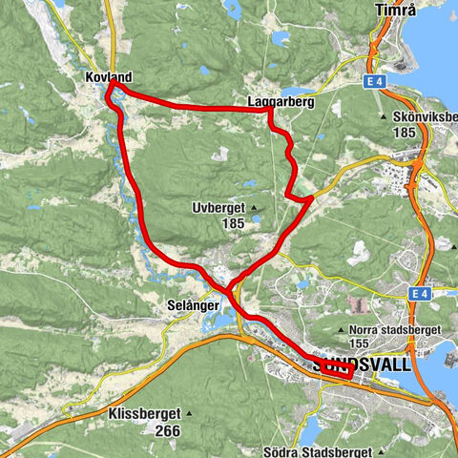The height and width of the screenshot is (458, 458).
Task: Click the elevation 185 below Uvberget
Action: point(230,221)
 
